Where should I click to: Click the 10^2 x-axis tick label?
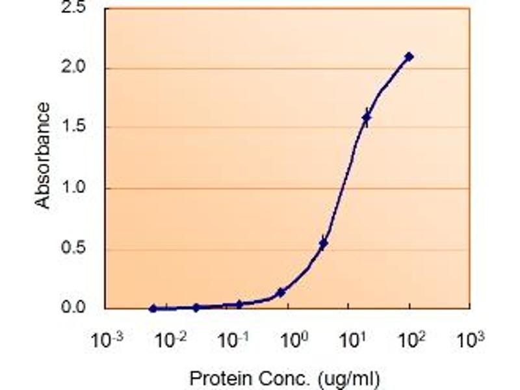409,339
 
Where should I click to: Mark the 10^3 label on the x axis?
470,339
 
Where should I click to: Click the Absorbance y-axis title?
43,156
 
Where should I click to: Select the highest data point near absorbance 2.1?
409,57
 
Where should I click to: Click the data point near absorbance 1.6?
367,118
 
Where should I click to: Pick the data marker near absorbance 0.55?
323,244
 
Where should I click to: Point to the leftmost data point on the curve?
153,308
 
